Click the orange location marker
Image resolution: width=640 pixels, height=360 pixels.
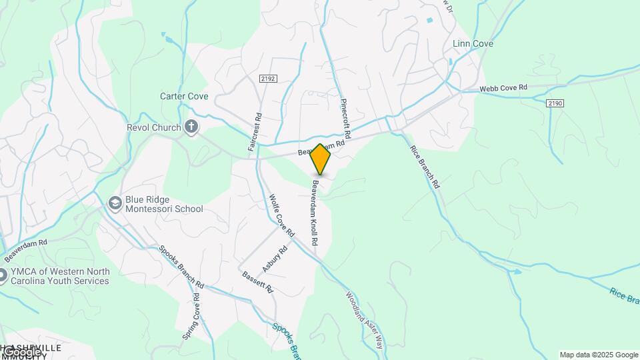point(321,159)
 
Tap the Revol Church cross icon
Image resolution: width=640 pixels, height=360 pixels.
point(191,127)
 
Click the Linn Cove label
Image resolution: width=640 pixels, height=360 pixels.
point(473,44)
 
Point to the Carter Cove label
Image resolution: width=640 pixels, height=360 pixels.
point(184,96)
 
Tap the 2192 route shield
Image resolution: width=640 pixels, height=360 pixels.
point(269,78)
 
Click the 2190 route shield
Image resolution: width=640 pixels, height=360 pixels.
point(555,103)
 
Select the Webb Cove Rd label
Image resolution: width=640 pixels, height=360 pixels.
point(503,87)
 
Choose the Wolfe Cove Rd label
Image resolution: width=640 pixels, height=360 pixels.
point(281,215)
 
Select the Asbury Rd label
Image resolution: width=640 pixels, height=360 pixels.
point(275,259)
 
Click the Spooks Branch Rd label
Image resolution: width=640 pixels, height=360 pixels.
point(181,269)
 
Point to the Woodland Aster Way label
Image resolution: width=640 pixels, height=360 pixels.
point(365,320)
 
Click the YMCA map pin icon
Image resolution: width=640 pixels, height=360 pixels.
point(2,275)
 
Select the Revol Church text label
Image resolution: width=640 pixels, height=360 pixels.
point(154,127)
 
